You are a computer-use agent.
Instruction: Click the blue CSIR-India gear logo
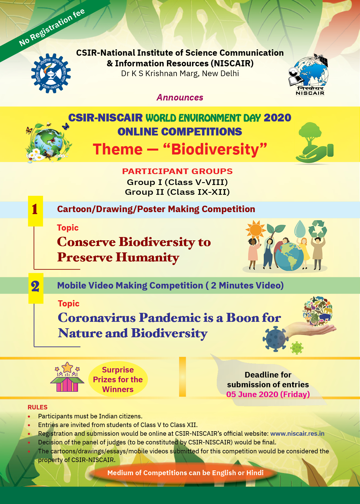click(51, 73)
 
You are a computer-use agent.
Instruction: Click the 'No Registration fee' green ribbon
click(52, 27)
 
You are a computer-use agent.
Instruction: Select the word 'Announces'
click(180, 97)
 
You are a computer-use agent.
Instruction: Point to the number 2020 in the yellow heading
click(277, 118)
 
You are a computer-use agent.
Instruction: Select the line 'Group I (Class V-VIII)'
click(177, 182)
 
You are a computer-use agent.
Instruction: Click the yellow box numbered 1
click(35, 210)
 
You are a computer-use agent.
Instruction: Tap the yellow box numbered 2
click(36, 287)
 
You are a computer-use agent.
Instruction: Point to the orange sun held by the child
click(255, 229)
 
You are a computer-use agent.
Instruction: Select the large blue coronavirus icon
click(276, 339)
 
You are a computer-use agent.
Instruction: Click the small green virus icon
click(297, 348)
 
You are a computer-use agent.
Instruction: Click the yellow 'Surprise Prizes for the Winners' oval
click(118, 379)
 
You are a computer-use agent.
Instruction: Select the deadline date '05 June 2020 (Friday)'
click(268, 394)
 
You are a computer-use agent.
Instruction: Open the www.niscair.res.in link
click(297, 433)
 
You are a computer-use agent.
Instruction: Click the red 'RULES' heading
click(37, 407)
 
